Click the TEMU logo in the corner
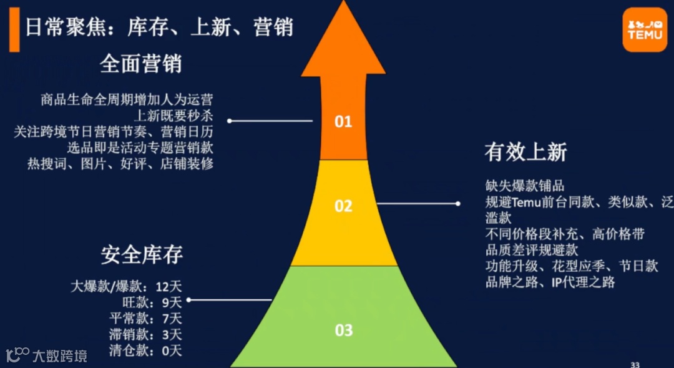coord(645,29)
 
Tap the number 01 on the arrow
coord(343,121)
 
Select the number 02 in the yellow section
coord(343,206)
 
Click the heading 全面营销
coord(140,64)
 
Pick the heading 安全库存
coord(142,255)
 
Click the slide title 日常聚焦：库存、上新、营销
coord(159,27)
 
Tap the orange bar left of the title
coord(14,31)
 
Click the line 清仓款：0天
coord(145,351)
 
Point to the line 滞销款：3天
coord(145,335)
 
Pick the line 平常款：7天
coord(145,319)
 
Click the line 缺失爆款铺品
coord(525,186)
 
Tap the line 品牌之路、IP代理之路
coord(550,282)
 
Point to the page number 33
coord(635,364)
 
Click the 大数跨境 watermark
coord(47,356)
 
